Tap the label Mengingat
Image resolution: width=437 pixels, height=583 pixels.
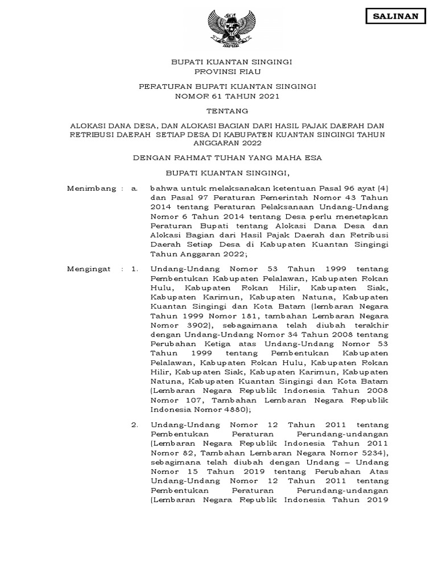(x=89, y=268)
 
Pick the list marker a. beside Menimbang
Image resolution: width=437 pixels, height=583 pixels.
(x=134, y=188)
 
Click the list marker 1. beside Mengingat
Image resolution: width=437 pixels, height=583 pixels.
(x=134, y=268)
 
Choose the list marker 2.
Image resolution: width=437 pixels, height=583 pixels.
(x=134, y=425)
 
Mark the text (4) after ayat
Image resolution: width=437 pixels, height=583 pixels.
(x=382, y=188)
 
